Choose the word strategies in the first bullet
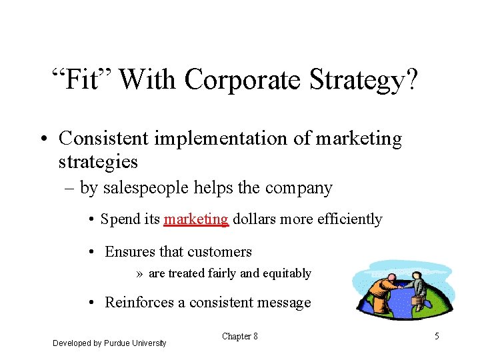click(x=98, y=161)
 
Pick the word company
click(x=299, y=189)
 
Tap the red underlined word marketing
click(x=197, y=219)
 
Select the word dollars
click(x=256, y=219)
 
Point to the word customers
click(x=220, y=251)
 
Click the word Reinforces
click(x=139, y=303)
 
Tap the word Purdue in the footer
click(x=117, y=343)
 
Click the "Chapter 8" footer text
click(x=239, y=337)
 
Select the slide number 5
click(x=437, y=337)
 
